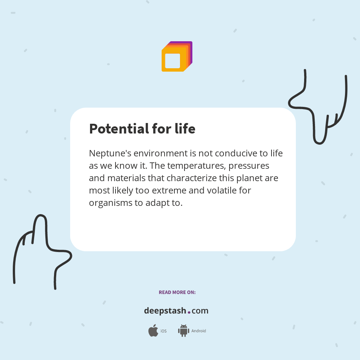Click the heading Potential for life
point(142,129)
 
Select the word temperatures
point(197,165)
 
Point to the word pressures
point(249,165)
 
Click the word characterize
point(193,178)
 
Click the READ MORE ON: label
point(177,292)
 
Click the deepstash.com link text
point(176,311)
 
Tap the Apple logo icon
point(153,331)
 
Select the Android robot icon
point(183,331)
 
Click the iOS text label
point(163,331)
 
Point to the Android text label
point(199,331)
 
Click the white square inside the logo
point(172,61)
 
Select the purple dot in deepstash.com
point(189,312)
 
